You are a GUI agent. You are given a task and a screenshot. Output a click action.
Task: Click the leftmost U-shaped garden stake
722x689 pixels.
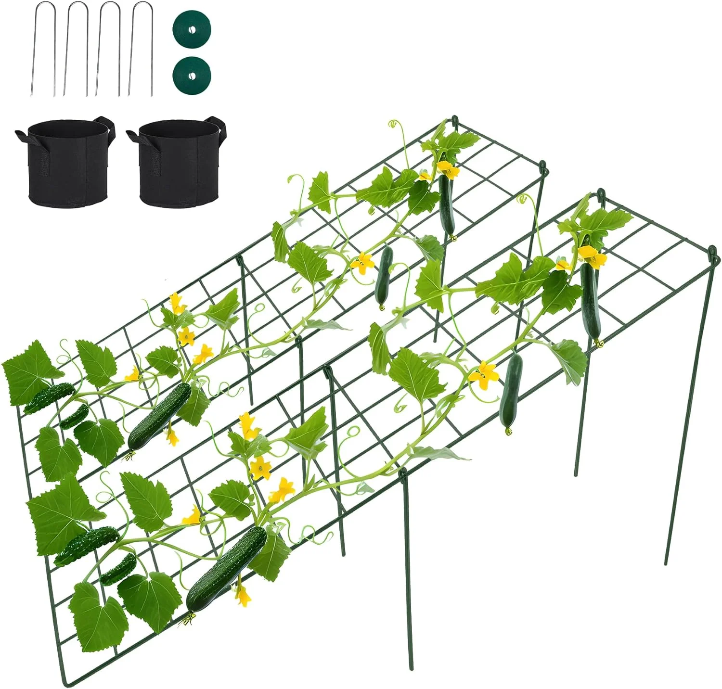(44, 48)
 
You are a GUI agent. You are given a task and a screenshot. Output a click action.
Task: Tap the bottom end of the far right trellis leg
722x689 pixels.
(666, 563)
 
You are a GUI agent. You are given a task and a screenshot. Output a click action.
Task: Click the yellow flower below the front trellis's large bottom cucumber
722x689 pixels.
(243, 595)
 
